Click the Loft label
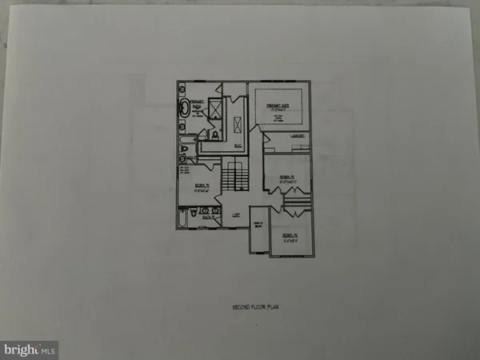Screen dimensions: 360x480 [x=236, y=214]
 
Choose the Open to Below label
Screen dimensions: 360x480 [x=258, y=226]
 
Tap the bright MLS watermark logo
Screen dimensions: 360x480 [x=30, y=349]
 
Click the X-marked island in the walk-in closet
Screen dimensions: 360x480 [x=238, y=124]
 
